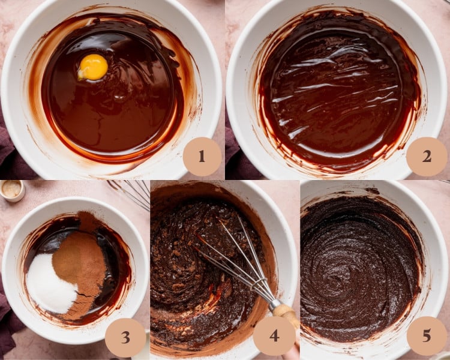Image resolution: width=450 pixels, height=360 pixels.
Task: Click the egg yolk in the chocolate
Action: point(93,67)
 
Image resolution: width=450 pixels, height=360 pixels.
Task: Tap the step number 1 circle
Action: point(202,157)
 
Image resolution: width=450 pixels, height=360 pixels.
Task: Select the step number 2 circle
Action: point(426,157)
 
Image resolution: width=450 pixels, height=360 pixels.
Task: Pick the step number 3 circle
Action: point(125,337)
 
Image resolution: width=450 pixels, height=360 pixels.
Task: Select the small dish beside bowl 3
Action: point(11,190)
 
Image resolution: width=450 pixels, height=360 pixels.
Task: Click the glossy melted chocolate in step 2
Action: point(336,90)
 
